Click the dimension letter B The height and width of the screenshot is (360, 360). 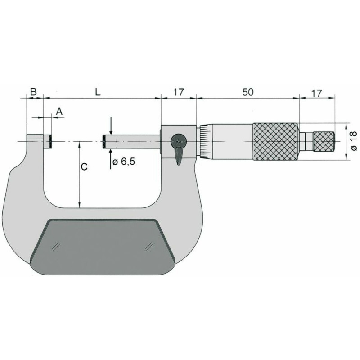point(33,92)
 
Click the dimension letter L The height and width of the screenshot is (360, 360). point(98,92)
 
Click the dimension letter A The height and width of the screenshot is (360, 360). point(59,110)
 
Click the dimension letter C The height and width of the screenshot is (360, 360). point(84,167)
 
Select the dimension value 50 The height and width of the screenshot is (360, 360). point(247,92)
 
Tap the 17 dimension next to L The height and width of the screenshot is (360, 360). point(178,92)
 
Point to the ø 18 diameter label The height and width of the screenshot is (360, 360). point(354,141)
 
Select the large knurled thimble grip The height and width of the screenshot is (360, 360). point(275,142)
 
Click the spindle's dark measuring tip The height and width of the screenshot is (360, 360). point(104,142)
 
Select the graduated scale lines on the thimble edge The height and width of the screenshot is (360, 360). point(203,142)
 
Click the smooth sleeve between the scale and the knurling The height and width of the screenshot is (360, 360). point(229,142)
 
